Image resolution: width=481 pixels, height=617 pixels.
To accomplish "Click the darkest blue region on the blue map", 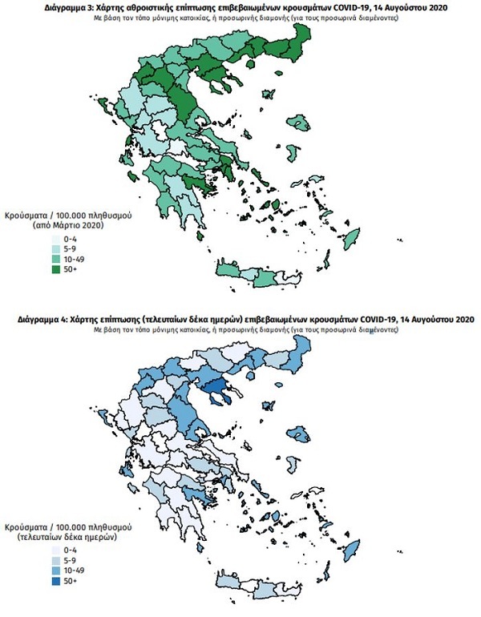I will click(215, 390).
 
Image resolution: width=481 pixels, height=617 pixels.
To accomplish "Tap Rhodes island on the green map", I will click(352, 237).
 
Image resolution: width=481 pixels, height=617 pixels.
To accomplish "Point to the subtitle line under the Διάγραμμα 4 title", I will click(240, 329).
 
